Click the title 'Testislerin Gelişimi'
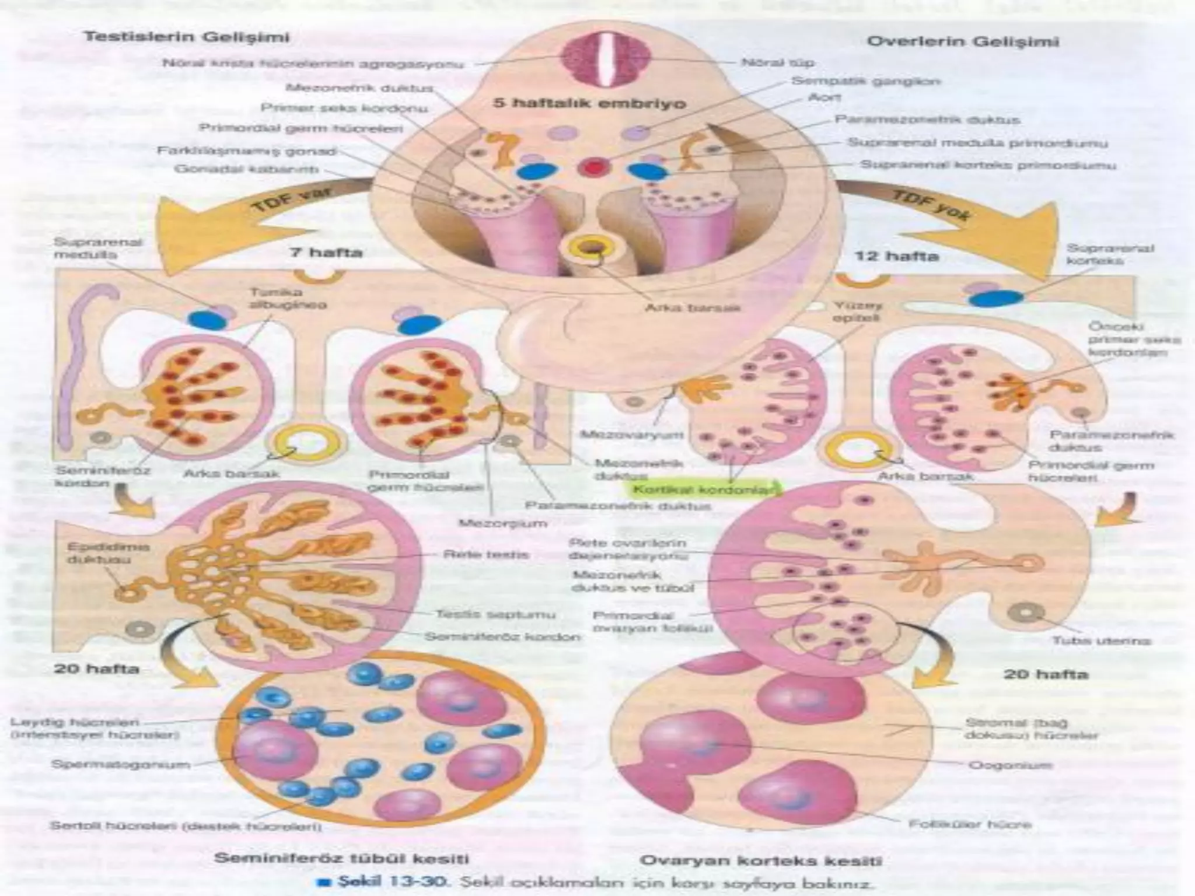(x=187, y=37)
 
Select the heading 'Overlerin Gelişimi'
(x=963, y=42)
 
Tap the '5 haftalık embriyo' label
(x=590, y=104)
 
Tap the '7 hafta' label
(x=326, y=253)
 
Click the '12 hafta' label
(x=896, y=256)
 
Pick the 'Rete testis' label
(x=486, y=555)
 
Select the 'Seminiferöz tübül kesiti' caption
(x=342, y=858)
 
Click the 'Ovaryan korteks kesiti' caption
(x=761, y=860)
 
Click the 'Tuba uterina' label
(x=1101, y=640)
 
